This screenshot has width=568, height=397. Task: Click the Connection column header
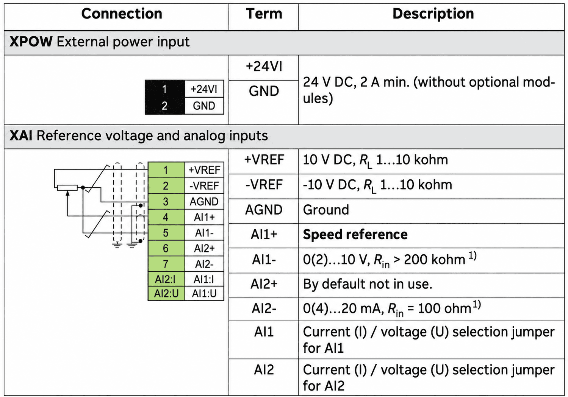click(122, 14)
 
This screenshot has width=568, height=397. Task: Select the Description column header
click(433, 14)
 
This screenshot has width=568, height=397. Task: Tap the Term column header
click(264, 14)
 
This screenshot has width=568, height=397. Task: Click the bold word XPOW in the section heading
click(31, 42)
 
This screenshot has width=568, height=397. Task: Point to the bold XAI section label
click(21, 136)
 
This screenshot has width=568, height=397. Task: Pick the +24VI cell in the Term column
click(264, 67)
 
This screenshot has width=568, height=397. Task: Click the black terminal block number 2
click(164, 106)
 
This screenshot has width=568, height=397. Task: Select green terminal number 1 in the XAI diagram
click(166, 170)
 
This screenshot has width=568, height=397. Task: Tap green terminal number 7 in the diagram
click(166, 264)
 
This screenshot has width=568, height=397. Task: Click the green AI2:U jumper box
click(166, 293)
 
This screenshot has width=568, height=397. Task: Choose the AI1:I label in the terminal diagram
click(204, 280)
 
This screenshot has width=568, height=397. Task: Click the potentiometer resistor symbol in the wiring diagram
click(67, 188)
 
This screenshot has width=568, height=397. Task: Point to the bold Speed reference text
click(355, 234)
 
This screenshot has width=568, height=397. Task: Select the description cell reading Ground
click(326, 210)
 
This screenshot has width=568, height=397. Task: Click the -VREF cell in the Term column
click(264, 185)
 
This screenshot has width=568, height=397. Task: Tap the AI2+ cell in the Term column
click(264, 284)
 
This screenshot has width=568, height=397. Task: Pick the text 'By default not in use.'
click(368, 284)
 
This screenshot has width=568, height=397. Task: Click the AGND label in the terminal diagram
click(204, 202)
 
